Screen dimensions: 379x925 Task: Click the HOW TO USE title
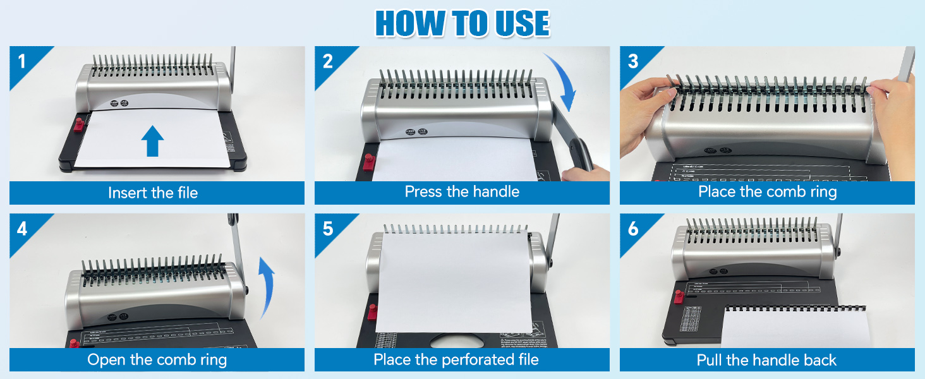pyautogui.click(x=462, y=23)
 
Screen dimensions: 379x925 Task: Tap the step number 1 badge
pyautogui.click(x=23, y=61)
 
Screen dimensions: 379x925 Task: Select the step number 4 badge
pyautogui.click(x=23, y=228)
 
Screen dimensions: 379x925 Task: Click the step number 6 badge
pyautogui.click(x=633, y=228)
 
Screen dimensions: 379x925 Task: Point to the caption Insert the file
pyautogui.click(x=153, y=193)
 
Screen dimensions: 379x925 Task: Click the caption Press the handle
pyautogui.click(x=462, y=192)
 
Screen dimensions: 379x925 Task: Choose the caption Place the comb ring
pyautogui.click(x=767, y=192)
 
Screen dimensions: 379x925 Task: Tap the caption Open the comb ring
pyautogui.click(x=157, y=360)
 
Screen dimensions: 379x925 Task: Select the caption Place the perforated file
pyautogui.click(x=456, y=360)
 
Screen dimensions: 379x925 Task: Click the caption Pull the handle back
pyautogui.click(x=766, y=360)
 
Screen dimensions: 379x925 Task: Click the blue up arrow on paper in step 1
pyautogui.click(x=152, y=140)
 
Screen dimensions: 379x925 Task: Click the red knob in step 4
pyautogui.click(x=74, y=343)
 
